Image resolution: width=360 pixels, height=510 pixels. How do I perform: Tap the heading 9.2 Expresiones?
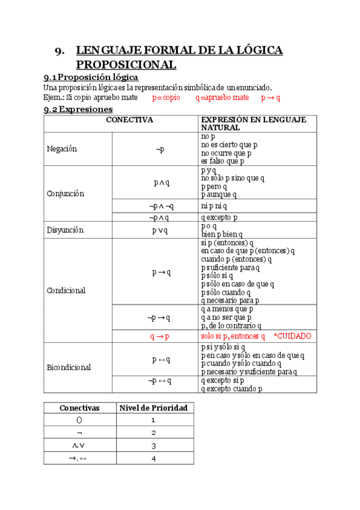(x=78, y=109)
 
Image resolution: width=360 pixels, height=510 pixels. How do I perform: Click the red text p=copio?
(x=166, y=97)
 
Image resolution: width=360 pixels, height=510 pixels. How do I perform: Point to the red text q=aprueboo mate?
(x=222, y=97)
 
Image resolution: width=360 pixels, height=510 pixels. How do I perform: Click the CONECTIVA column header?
(x=129, y=120)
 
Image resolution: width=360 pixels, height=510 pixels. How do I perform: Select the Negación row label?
(x=62, y=149)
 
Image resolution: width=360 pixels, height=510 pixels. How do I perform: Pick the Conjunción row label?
(x=66, y=194)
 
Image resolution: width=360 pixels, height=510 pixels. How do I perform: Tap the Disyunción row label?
(x=65, y=230)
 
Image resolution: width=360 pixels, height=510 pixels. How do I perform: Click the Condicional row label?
(x=66, y=290)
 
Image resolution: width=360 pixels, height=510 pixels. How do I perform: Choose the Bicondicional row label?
(x=69, y=367)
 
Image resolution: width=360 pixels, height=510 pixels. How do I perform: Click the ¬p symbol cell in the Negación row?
(x=159, y=149)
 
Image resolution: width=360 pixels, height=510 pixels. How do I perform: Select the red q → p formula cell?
(x=159, y=336)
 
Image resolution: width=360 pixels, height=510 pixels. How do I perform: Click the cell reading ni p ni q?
(x=218, y=206)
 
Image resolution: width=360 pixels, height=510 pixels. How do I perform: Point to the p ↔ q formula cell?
(x=161, y=360)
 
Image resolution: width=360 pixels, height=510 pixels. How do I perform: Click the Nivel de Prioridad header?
(x=153, y=408)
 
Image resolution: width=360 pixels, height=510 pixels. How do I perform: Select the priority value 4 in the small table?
(x=154, y=458)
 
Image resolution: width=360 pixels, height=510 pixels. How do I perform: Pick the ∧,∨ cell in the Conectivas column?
(x=79, y=446)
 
